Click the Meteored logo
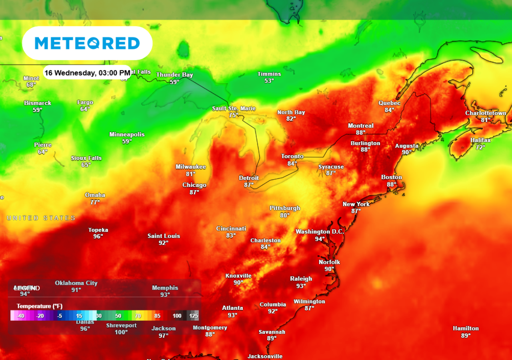(87, 43)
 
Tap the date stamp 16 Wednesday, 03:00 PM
(87, 73)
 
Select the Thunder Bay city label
(174, 75)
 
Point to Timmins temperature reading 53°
(269, 81)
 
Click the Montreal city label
(360, 126)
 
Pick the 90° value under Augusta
(406, 152)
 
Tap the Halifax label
(480, 140)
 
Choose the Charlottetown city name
(486, 113)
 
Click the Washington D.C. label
(320, 232)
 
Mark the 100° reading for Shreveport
(121, 332)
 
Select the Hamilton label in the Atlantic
(466, 328)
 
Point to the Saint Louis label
(164, 236)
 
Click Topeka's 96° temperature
(98, 236)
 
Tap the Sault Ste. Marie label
(234, 108)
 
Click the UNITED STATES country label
(41, 218)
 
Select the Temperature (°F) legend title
(40, 306)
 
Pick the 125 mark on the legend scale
(194, 316)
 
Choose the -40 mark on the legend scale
(21, 316)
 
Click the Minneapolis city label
(127, 134)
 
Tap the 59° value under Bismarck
(37, 110)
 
